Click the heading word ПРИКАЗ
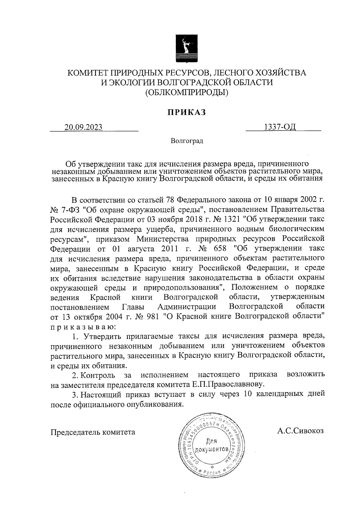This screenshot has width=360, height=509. (x=186, y=112)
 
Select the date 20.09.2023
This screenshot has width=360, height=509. (x=83, y=127)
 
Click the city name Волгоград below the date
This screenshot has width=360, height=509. (x=187, y=141)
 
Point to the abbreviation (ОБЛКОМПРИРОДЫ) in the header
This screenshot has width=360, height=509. (x=186, y=92)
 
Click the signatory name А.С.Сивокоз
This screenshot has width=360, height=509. (x=301, y=431)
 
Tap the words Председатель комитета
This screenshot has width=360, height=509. (x=93, y=432)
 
